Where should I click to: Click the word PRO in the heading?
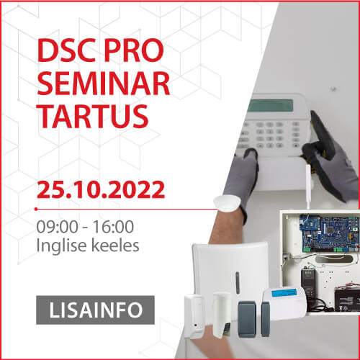134,50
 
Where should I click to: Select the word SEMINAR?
104,84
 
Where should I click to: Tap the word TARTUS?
93,117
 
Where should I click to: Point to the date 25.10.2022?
101,190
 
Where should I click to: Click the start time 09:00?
57,226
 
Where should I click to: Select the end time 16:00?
113,226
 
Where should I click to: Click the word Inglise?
61,246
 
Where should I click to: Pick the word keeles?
115,245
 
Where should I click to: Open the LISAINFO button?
95,310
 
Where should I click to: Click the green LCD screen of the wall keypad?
271,106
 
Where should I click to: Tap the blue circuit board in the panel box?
329,233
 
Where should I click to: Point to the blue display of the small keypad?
284,293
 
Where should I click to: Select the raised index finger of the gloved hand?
322,131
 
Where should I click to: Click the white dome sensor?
228,203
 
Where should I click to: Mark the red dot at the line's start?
36,209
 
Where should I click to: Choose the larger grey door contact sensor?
247,319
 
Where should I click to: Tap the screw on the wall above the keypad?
333,89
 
